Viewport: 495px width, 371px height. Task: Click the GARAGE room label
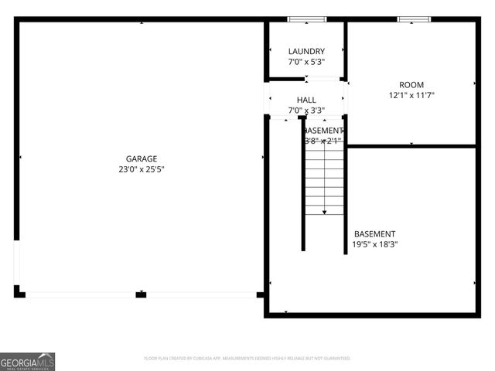(x=142, y=158)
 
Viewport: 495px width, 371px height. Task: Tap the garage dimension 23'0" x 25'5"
(x=142, y=168)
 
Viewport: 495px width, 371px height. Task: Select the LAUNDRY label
(x=306, y=52)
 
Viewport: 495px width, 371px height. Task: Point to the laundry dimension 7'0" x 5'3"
(x=306, y=62)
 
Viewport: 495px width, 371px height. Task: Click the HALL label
(x=306, y=100)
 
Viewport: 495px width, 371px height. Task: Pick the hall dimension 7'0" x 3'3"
(x=306, y=111)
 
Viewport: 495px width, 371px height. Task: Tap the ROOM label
(x=411, y=85)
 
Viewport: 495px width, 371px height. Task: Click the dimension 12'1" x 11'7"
(x=411, y=96)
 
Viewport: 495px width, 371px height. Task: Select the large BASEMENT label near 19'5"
(x=375, y=234)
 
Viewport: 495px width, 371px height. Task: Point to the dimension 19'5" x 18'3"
(x=375, y=245)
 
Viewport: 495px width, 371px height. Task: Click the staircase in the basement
(x=324, y=178)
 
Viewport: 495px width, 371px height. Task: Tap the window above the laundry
(x=306, y=19)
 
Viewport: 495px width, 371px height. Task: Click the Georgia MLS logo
(x=28, y=361)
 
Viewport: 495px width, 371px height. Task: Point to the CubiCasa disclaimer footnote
(x=247, y=359)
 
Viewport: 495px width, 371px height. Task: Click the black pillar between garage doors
(x=141, y=294)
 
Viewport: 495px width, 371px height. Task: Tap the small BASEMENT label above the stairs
(x=323, y=131)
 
